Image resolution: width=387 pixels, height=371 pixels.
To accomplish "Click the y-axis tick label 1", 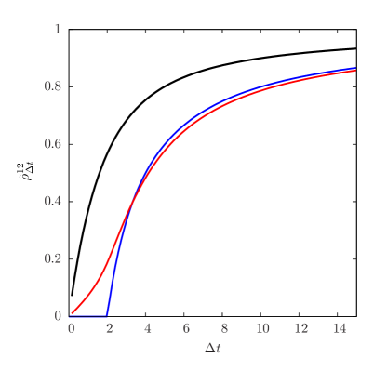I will (58, 29).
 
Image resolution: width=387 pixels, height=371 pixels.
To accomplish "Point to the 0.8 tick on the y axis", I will (53, 86).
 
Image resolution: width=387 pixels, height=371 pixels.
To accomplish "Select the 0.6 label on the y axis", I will (53, 144).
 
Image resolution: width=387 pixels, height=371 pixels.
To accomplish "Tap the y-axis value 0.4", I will (53, 201).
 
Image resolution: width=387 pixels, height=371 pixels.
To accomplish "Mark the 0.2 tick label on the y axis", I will (53, 258).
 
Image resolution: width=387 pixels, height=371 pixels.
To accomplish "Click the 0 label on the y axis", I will (58, 316).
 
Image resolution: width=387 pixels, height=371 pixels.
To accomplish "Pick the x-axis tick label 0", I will (71, 329).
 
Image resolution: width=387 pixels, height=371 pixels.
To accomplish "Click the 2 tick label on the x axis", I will (109, 329).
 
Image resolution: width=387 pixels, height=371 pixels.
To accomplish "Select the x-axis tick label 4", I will (147, 329).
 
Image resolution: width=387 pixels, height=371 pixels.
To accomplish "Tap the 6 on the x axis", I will (186, 329).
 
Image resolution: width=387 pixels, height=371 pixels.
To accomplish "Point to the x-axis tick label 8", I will (224, 329).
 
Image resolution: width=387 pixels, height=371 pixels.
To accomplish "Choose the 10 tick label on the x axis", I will (262, 329).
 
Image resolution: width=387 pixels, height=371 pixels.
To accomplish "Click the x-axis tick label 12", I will (300, 329).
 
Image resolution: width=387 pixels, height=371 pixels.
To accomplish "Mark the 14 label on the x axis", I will (339, 329).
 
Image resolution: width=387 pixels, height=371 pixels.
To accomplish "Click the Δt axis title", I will (213, 350).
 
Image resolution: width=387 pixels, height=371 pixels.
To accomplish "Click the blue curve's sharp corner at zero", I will (109, 315).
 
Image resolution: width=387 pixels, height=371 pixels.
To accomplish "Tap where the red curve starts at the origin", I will (72, 315).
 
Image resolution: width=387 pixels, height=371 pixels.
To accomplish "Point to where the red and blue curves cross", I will (131, 206).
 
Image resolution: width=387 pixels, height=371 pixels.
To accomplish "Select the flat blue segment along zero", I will (90, 316).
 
